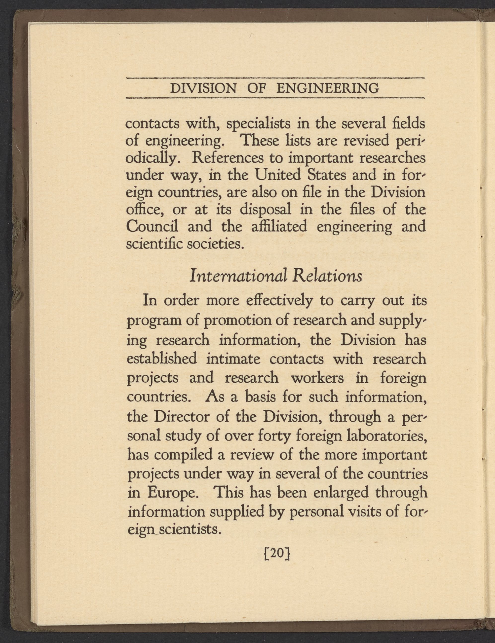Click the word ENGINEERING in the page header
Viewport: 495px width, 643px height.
coord(328,88)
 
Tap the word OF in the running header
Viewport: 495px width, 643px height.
coord(256,88)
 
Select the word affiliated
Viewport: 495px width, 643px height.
coord(279,227)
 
